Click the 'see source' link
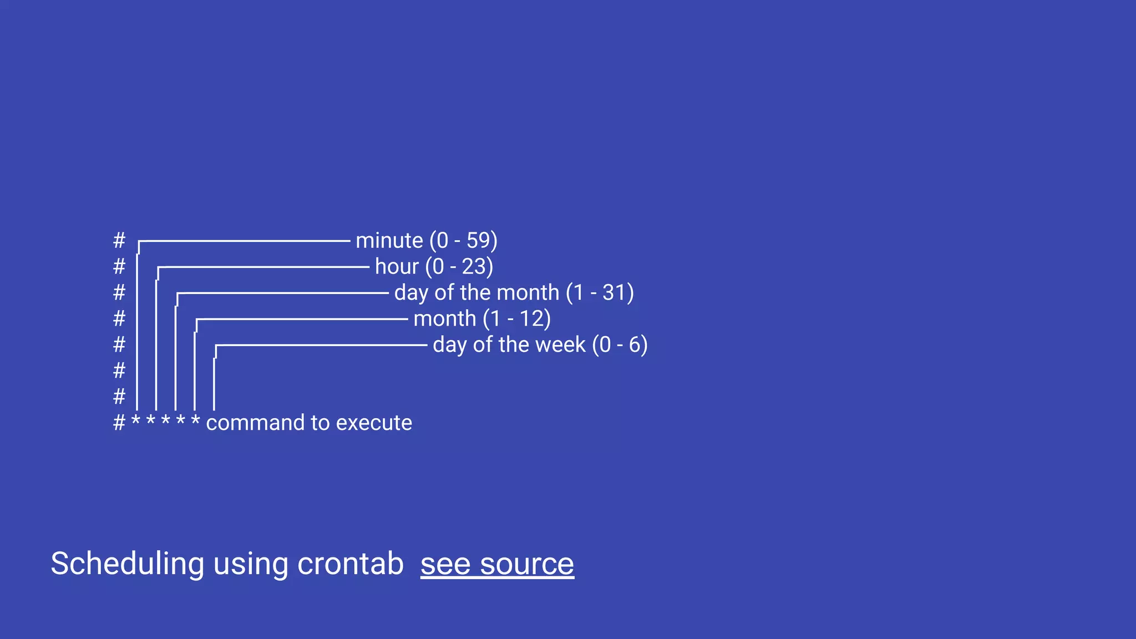[x=497, y=564]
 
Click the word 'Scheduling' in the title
[x=128, y=564]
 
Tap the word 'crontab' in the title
[x=351, y=564]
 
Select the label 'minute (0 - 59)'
[x=426, y=241]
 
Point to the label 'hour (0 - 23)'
[x=434, y=267]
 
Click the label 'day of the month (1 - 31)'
[x=514, y=293]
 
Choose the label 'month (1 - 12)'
[x=482, y=319]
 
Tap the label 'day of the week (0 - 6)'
[x=540, y=345]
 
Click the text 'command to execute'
[x=309, y=423]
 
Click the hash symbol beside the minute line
[x=119, y=241]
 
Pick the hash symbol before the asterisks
[x=119, y=423]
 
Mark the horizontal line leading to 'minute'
[x=244, y=241]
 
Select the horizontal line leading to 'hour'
[x=263, y=267]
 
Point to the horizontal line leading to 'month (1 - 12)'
[x=302, y=319]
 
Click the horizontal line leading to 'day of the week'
[x=322, y=345]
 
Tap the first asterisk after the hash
[x=136, y=420]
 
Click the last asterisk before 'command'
[x=195, y=420]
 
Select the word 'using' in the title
[x=250, y=564]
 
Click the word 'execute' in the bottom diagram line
[x=374, y=423]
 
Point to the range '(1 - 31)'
[x=600, y=293]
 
